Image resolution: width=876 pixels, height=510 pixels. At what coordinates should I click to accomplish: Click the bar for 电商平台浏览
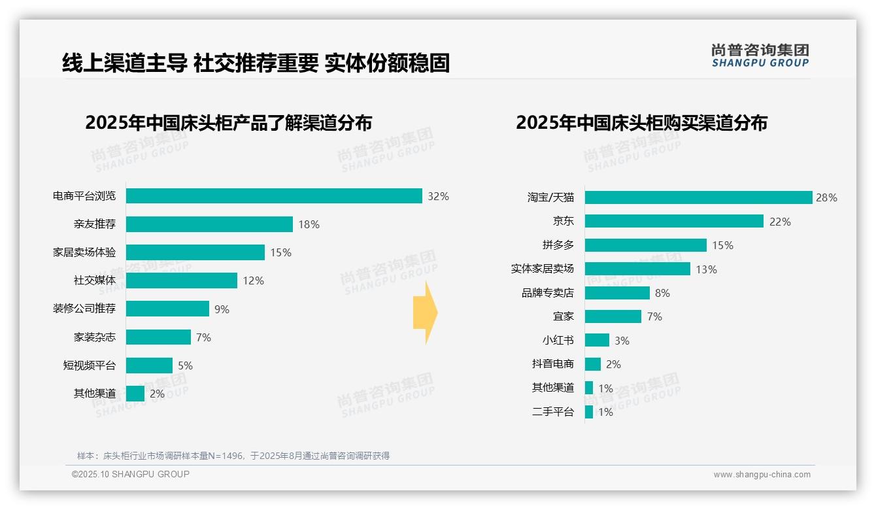coord(274,195)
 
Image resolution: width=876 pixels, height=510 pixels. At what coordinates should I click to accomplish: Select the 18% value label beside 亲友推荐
coord(309,224)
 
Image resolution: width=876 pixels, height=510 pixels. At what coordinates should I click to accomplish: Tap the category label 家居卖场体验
coord(84,252)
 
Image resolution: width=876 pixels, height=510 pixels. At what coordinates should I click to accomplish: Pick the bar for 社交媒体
coord(182,280)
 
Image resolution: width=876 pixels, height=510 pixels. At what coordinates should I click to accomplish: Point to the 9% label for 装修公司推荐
coord(222,309)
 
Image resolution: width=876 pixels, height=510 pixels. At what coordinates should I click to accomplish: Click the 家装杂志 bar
coord(158,337)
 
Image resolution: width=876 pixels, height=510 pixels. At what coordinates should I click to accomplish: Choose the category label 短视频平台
coord(89,365)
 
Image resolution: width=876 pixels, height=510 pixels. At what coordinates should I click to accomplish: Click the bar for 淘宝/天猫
coord(698,197)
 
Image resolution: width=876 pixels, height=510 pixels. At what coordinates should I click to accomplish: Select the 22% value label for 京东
coord(780,222)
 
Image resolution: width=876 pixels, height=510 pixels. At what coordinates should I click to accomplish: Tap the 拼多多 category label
coord(558,245)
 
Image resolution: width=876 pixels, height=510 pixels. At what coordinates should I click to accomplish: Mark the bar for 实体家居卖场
coord(637,269)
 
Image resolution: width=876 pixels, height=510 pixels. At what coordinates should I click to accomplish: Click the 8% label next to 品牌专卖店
coord(662,293)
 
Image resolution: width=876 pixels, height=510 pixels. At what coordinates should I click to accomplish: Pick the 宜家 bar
coord(613,316)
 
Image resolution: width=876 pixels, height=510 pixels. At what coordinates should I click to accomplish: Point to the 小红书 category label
coord(558,341)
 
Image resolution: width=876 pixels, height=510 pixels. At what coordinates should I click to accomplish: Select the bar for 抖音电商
coord(593,364)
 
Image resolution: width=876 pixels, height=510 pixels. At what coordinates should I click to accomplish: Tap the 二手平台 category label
coord(552,412)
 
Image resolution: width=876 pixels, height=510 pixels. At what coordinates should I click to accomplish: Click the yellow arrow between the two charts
coord(425,313)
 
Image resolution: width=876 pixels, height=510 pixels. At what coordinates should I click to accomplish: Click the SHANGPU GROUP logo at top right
coord(760,56)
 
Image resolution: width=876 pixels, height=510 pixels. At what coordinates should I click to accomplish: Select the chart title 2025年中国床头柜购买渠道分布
coord(641,123)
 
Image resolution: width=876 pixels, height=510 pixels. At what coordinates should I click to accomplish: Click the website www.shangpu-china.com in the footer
coord(762,475)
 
